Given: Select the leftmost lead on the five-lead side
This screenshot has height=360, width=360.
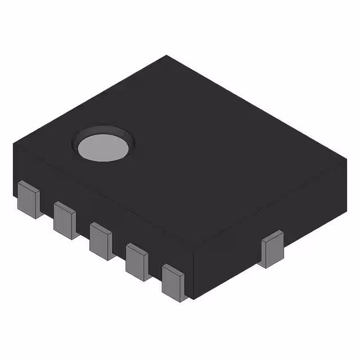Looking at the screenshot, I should pyautogui.click(x=28, y=199).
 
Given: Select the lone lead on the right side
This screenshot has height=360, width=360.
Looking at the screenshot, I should pyautogui.click(x=274, y=249).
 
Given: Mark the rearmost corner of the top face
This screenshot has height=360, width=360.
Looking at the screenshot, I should pyautogui.click(x=166, y=56).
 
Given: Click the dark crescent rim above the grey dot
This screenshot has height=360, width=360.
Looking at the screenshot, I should pyautogui.click(x=104, y=130).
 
